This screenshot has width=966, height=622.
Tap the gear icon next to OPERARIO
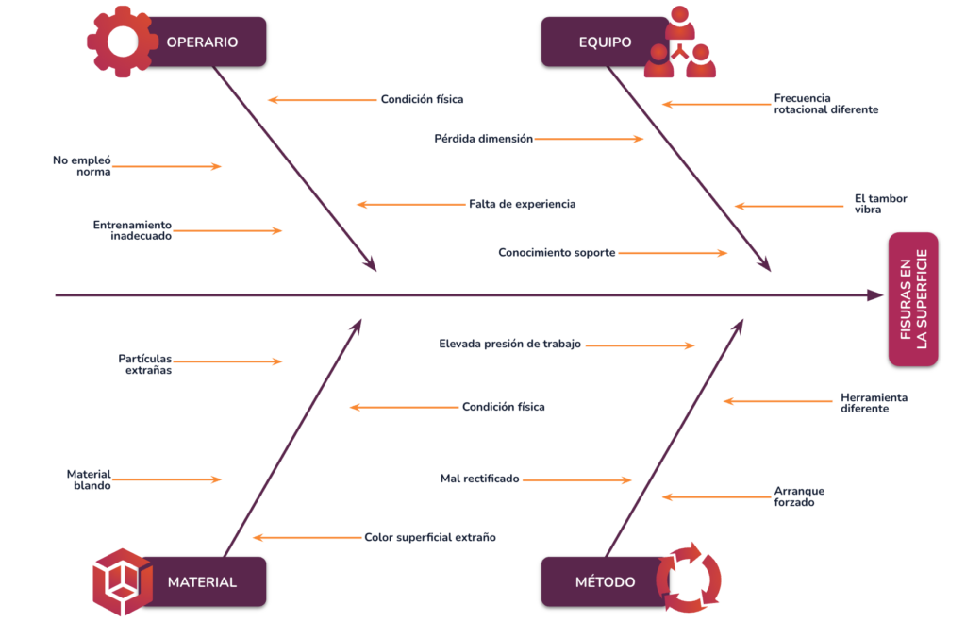[x=123, y=42]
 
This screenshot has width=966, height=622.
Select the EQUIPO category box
[x=605, y=42]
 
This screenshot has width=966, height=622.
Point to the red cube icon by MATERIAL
[x=123, y=581]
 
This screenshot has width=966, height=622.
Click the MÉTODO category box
[x=605, y=581]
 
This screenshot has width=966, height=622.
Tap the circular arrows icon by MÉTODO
[x=689, y=578]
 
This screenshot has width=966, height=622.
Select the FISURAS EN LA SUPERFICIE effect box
[x=913, y=299]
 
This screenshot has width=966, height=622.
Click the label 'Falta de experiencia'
[x=522, y=204]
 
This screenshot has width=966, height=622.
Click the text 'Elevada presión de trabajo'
[x=509, y=345]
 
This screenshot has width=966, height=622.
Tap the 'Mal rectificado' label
[x=479, y=479]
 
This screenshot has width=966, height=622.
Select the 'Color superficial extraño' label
[x=429, y=537]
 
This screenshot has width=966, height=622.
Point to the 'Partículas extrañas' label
[x=145, y=364]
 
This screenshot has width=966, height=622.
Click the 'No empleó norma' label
[x=81, y=166]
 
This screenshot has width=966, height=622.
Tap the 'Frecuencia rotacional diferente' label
[x=825, y=104]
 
